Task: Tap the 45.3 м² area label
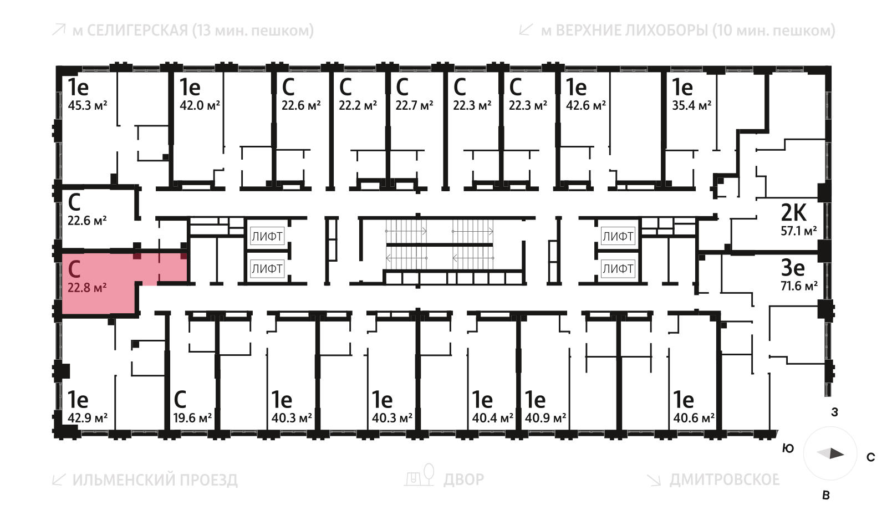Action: [87, 105]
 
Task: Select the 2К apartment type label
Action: [793, 212]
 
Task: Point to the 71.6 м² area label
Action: [799, 286]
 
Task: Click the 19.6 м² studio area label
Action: [192, 418]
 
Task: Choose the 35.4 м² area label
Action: [691, 105]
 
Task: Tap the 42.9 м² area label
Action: [87, 418]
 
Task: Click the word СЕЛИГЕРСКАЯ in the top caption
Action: [137, 30]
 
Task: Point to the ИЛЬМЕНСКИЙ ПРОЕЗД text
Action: [155, 480]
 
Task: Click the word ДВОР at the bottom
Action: [463, 480]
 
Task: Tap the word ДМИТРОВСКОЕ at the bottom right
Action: [724, 480]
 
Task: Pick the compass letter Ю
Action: [788, 448]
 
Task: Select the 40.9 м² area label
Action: [546, 418]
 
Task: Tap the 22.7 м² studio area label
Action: [414, 105]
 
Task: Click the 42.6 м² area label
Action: [585, 105]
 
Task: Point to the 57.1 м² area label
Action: [798, 231]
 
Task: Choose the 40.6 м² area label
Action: [694, 418]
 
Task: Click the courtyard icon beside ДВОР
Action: [420, 476]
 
